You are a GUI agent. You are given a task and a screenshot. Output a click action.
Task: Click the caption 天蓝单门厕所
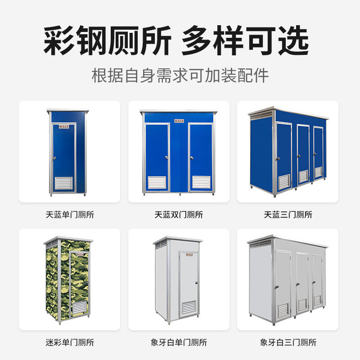click(x=70, y=215)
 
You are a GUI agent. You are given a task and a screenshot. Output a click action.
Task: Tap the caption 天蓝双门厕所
click(x=179, y=215)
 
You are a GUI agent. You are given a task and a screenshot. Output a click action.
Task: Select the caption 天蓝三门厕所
click(x=288, y=215)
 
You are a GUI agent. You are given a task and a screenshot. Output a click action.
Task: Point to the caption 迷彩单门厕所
click(x=70, y=342)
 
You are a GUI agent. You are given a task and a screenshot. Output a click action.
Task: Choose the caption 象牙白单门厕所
click(x=179, y=342)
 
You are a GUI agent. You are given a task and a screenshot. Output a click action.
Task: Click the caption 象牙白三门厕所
click(x=288, y=342)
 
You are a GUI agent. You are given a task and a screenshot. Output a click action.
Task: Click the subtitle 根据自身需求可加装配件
click(x=180, y=75)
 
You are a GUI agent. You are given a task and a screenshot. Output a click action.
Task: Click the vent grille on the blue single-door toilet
click(x=63, y=183)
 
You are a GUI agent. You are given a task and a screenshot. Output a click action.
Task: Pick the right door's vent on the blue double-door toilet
click(x=201, y=182)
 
